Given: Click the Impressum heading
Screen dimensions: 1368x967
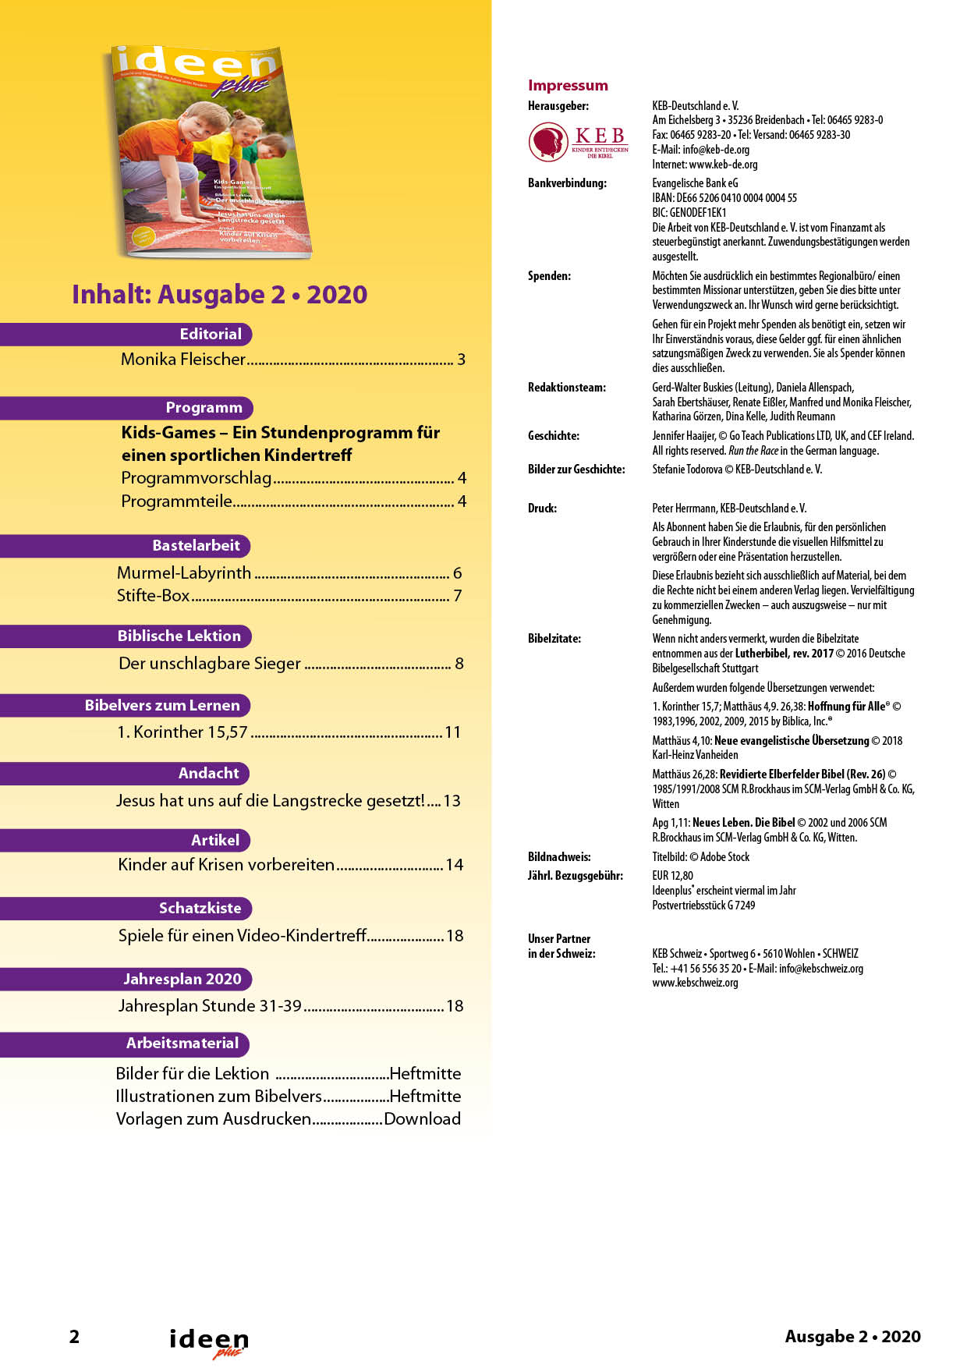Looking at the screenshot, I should pos(568,86).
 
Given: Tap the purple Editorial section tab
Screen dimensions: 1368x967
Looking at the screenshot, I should pos(211,334).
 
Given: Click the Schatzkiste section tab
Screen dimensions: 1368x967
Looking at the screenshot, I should pos(200,908).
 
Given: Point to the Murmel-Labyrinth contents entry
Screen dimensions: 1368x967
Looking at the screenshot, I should pos(184,573).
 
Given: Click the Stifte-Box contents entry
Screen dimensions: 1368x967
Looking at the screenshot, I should pos(154,596).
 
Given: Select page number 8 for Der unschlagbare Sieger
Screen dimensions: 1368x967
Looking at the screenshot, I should pos(459,664).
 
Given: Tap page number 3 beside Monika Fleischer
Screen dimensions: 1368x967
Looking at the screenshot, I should pos(462,360).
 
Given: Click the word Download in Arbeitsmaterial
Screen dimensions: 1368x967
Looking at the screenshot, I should pos(422,1119).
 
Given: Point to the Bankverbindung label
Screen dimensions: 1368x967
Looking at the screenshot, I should pos(567,183).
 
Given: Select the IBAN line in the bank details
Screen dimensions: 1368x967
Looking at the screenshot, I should pos(724,198).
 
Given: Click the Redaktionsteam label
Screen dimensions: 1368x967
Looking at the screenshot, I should pos(567,388).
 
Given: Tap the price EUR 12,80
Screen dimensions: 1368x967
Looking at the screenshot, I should pos(672,876).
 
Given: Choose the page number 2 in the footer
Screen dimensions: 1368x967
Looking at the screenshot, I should pos(74,1337).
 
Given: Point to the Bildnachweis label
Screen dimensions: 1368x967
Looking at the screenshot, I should pos(559,857).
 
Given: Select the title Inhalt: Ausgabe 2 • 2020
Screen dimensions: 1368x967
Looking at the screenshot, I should pos(219,295).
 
